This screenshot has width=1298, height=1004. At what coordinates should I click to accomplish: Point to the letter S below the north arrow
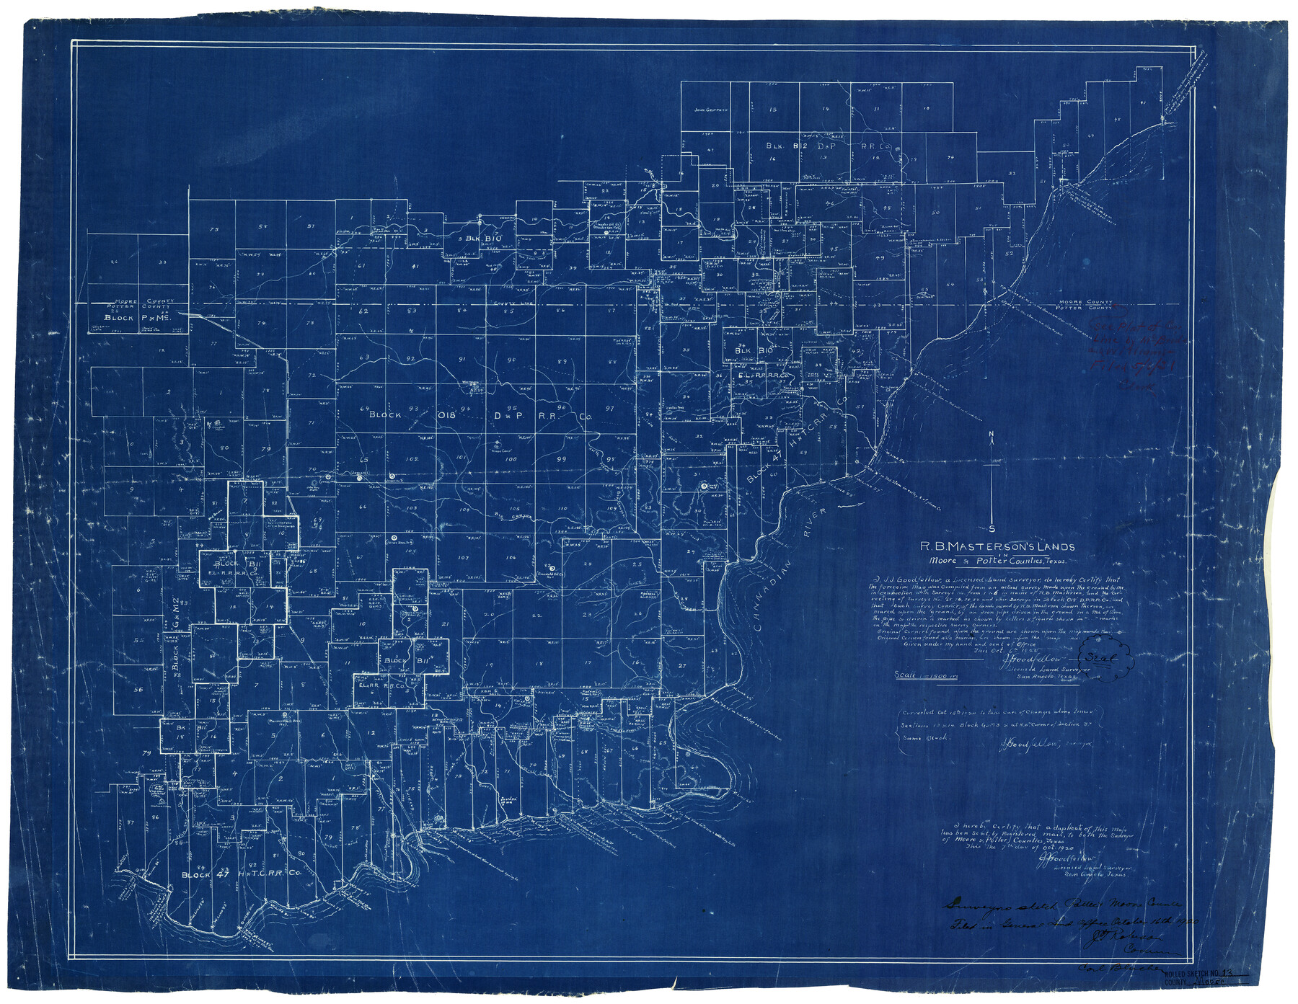[994, 524]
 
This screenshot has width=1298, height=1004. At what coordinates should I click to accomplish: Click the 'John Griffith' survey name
[707, 110]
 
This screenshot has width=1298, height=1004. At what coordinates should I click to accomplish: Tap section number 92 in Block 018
[431, 358]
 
